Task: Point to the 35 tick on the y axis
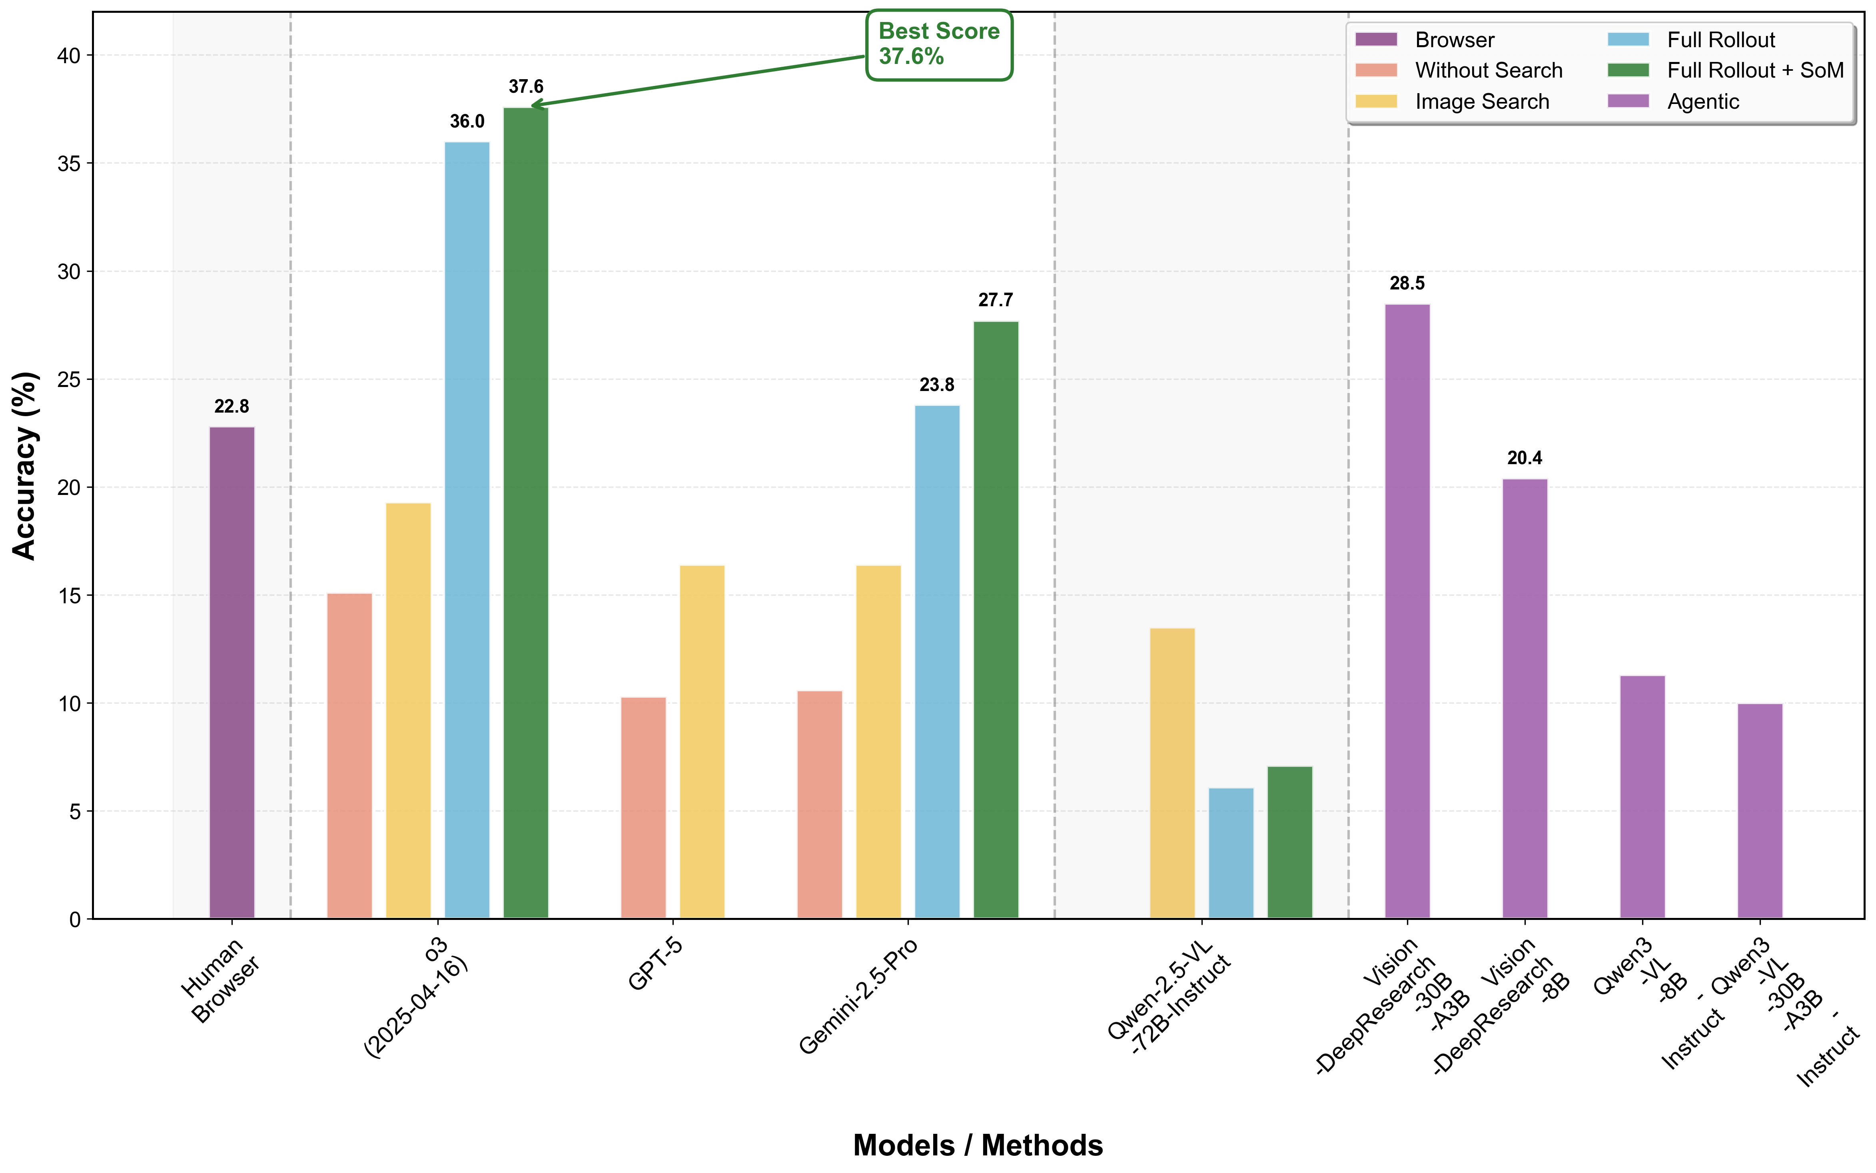69,164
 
